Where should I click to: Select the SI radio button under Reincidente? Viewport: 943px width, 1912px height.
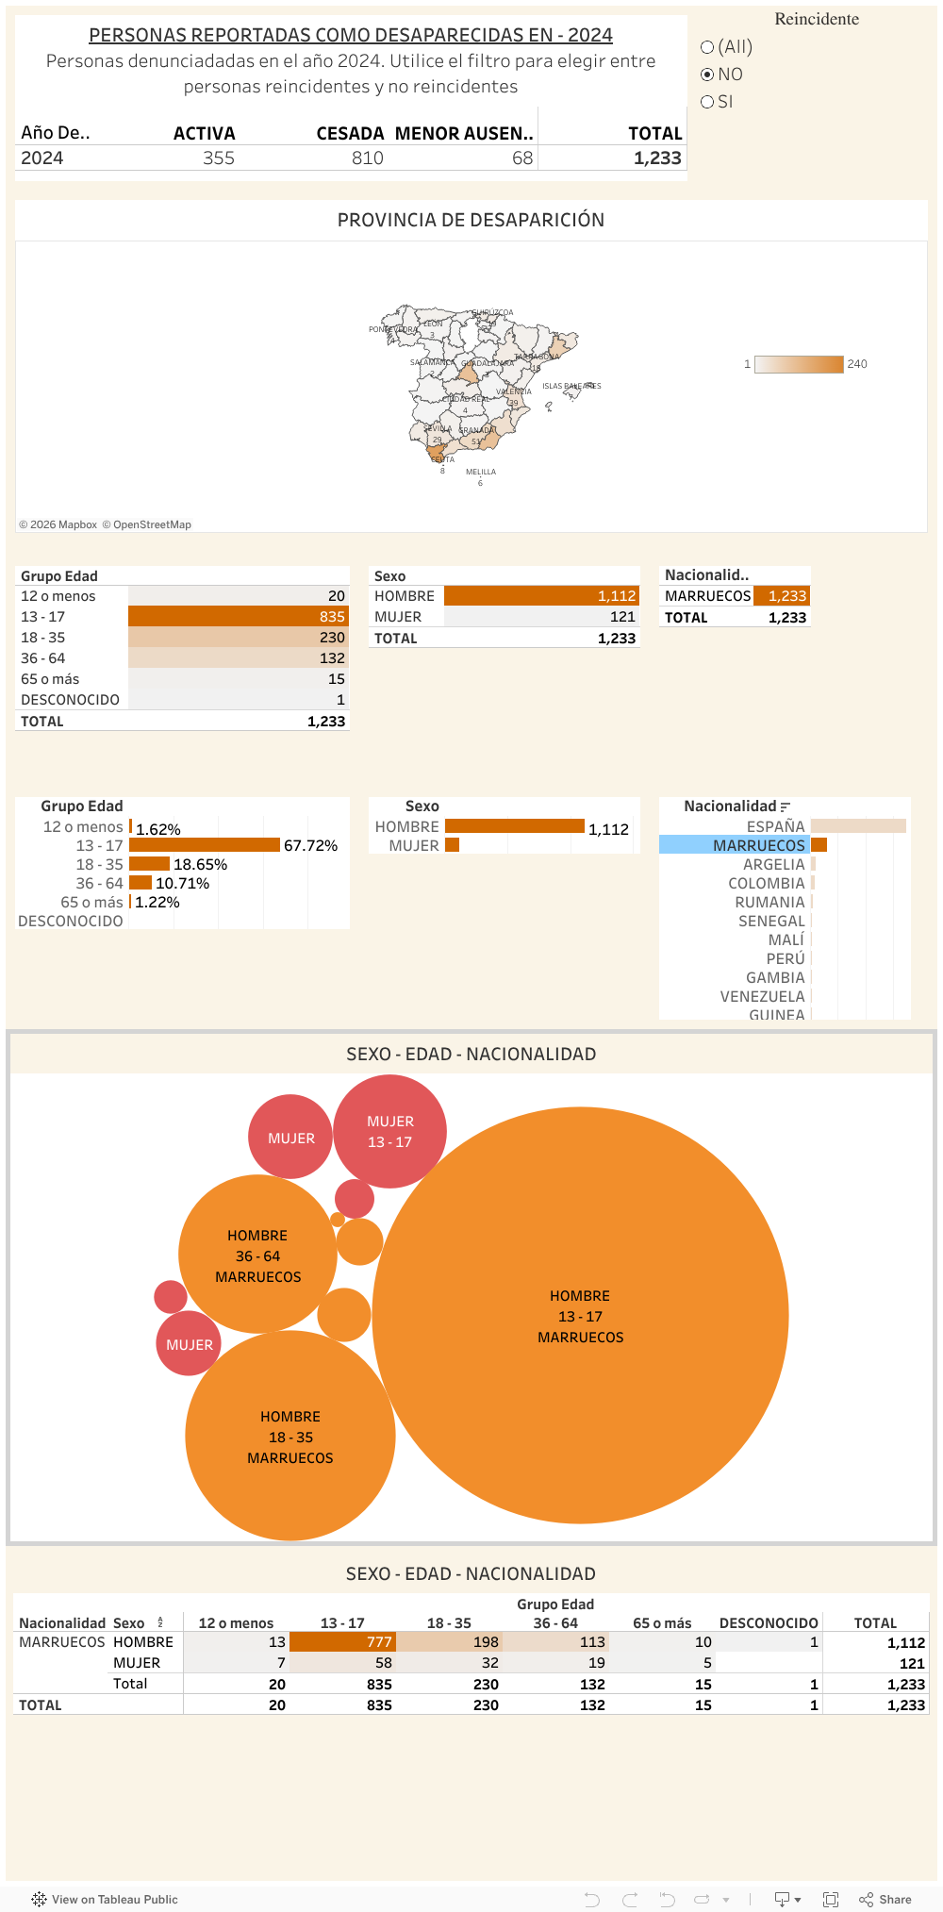click(x=708, y=102)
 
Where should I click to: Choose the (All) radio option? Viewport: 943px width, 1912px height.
click(x=708, y=47)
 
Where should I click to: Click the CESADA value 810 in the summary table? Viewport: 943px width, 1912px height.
click(x=367, y=158)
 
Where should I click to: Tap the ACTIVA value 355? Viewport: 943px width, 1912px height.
click(x=219, y=158)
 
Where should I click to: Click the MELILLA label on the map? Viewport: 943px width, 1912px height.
click(x=480, y=472)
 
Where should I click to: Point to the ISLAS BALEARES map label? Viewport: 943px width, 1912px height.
click(x=571, y=386)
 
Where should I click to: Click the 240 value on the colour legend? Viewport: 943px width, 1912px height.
click(x=856, y=364)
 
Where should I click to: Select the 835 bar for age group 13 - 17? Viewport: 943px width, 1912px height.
click(x=238, y=617)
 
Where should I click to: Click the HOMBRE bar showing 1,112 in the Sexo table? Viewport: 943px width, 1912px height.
click(x=540, y=596)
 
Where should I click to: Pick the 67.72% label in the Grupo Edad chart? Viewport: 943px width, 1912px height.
click(x=310, y=846)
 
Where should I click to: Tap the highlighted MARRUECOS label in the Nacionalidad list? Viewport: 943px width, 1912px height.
click(x=758, y=845)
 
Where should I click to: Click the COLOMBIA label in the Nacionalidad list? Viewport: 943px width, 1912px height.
click(x=766, y=884)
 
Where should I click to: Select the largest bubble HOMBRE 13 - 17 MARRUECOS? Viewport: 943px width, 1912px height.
click(x=580, y=1316)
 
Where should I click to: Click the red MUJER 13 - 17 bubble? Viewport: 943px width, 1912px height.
click(x=389, y=1132)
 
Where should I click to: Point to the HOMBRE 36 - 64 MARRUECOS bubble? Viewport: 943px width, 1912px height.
click(x=257, y=1255)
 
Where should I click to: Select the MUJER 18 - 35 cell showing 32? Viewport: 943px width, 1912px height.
click(x=489, y=1663)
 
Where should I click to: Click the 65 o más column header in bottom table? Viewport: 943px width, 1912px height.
click(x=662, y=1623)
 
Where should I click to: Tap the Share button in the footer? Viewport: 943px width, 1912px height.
click(x=885, y=1900)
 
